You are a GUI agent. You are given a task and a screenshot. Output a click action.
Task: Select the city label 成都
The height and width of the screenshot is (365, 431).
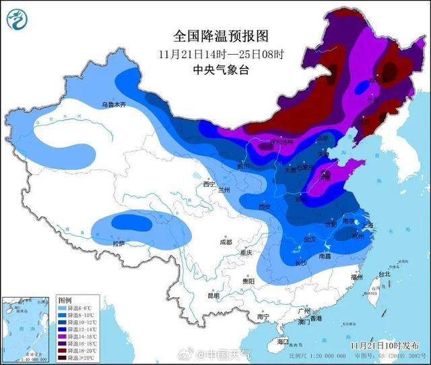(x=226, y=242)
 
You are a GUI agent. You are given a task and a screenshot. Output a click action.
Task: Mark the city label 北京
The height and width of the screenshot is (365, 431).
(x=327, y=138)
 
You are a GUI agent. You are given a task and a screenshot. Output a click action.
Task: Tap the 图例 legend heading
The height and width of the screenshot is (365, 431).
(x=65, y=299)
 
